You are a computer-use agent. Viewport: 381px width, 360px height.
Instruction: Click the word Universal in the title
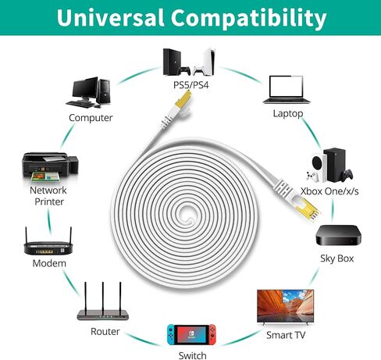pos(110,17)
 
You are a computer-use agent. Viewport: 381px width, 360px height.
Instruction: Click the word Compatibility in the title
pos(248,19)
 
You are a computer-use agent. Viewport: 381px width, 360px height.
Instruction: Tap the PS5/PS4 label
pos(191,85)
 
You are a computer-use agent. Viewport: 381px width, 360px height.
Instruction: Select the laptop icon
pos(287,90)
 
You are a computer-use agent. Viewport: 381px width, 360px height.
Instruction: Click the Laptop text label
pos(288,113)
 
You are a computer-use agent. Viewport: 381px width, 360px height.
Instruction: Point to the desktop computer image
pos(89,92)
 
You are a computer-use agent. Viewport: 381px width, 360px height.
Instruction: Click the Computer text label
pos(91,118)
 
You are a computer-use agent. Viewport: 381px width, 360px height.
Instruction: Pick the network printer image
pos(50,167)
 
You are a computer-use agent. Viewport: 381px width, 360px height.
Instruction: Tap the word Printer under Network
pos(49,201)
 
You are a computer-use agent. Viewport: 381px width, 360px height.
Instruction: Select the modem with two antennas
pos(48,241)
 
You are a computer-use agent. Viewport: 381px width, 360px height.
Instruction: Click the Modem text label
pos(49,263)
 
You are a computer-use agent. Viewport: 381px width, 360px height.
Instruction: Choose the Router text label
pos(105,332)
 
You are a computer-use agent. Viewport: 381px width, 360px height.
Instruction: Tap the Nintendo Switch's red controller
pos(212,334)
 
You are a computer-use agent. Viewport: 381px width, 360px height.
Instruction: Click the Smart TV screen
pos(285,305)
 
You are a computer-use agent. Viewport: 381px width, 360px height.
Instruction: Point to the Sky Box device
pos(338,235)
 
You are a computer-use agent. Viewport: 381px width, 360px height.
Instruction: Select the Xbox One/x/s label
pos(329,191)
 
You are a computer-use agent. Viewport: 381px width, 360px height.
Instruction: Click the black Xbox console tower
pos(334,165)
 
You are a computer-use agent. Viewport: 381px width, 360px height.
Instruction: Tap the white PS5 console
pos(208,62)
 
